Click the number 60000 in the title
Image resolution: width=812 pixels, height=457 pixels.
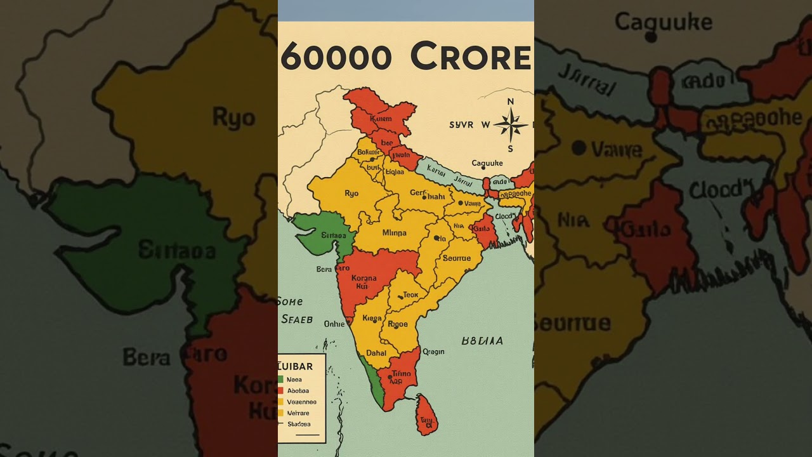click(336, 58)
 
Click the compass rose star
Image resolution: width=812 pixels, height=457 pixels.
click(510, 125)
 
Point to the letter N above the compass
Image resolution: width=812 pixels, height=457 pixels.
click(511, 102)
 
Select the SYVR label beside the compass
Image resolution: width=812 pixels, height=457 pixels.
click(461, 125)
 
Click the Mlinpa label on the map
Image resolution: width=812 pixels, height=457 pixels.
click(394, 233)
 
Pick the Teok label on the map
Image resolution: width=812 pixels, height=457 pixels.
click(410, 295)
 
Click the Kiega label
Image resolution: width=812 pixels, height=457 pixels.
click(372, 318)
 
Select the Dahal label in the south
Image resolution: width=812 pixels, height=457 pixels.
click(376, 353)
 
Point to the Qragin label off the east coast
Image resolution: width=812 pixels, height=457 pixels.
click(433, 352)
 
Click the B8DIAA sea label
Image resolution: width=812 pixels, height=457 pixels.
click(482, 341)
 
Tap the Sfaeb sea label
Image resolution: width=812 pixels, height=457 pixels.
click(297, 319)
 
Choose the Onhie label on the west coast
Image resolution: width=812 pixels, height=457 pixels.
click(334, 324)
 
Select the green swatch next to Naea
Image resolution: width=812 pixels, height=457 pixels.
click(280, 380)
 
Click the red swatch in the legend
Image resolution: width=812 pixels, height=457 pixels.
click(280, 391)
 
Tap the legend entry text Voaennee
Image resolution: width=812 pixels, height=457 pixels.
click(301, 402)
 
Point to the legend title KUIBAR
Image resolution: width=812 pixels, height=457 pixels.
click(296, 366)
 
